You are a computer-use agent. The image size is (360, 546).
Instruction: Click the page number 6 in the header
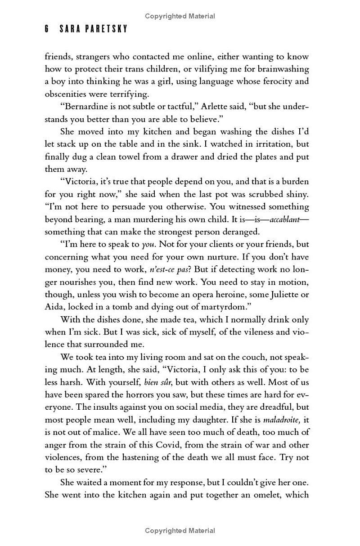[46, 29]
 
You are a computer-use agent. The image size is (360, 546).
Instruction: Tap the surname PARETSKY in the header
[108, 29]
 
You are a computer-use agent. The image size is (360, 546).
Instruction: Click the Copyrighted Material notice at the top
[180, 16]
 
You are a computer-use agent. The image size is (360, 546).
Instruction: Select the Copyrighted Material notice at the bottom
[180, 531]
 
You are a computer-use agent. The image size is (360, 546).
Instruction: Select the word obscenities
[66, 94]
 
